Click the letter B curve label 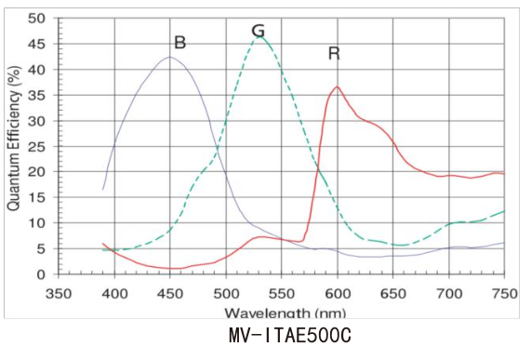coord(179,43)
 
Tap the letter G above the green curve coord(258,31)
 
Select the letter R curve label coord(334,54)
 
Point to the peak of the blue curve coord(170,57)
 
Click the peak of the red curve coord(338,87)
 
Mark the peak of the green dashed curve coord(260,36)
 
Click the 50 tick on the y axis coord(36,19)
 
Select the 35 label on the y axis coord(36,95)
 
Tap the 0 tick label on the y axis coord(41,274)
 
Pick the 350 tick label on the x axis coord(59,294)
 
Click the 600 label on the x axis coord(338,294)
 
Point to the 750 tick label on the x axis coord(504,294)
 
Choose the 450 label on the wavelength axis coord(170,294)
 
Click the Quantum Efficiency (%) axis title coord(14,139)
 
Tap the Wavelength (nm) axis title coord(285,313)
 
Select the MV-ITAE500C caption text coord(290,336)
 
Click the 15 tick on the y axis coord(36,198)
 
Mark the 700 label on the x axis coord(449,294)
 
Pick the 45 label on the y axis coord(36,44)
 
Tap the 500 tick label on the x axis coord(226,294)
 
